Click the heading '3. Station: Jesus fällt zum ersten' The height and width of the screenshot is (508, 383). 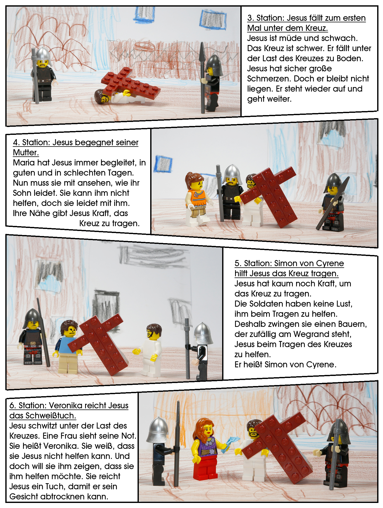point(306,18)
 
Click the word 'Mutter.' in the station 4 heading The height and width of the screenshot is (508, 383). point(26,153)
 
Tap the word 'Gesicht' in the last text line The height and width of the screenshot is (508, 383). point(24,497)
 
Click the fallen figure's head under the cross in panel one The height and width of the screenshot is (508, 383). point(101,96)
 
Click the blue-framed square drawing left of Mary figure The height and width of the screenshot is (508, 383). point(163,164)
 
